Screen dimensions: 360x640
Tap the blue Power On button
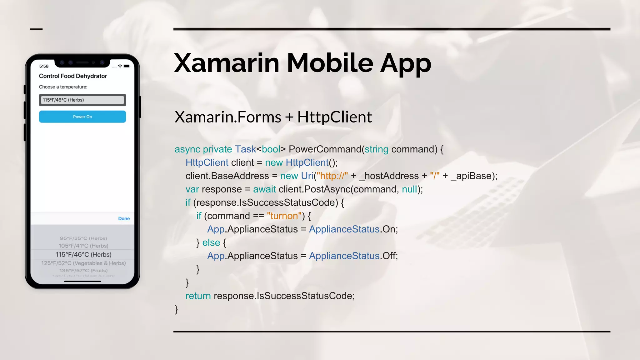tap(82, 117)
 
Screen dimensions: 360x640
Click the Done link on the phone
tap(124, 218)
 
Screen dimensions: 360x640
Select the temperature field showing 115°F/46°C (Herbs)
tap(82, 100)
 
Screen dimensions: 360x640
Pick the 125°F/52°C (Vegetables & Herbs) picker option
tap(83, 263)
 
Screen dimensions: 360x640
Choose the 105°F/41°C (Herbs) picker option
tap(83, 246)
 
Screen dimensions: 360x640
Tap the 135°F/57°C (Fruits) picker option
tap(83, 271)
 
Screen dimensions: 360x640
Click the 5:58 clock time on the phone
tap(44, 66)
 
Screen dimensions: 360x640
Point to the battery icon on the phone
tap(127, 66)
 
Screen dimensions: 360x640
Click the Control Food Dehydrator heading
tap(73, 76)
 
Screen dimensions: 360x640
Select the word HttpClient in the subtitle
tap(334, 117)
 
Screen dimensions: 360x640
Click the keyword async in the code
tap(187, 149)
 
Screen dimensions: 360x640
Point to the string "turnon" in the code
tap(284, 216)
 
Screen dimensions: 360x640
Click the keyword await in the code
tap(264, 189)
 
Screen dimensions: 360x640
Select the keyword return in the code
tap(198, 296)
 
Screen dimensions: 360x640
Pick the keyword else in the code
tap(211, 242)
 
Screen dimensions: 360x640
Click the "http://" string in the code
tap(332, 176)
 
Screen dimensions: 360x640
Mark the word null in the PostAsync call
tap(409, 189)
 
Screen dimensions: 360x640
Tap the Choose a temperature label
tap(63, 87)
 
